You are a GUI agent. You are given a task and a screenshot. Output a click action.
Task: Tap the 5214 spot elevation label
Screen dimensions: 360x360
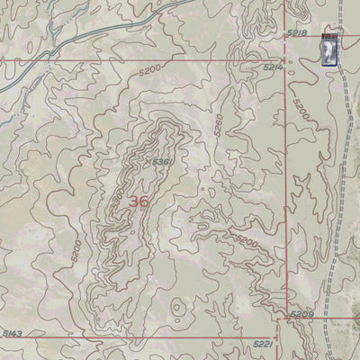(x=274, y=67)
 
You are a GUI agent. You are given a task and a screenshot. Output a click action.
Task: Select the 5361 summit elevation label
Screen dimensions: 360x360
(x=162, y=161)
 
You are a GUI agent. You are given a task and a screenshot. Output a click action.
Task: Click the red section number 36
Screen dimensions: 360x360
(x=139, y=202)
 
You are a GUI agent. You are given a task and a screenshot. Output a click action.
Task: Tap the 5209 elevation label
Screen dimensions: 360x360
(x=301, y=315)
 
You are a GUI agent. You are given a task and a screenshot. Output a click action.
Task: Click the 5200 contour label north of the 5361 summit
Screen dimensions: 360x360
(x=151, y=68)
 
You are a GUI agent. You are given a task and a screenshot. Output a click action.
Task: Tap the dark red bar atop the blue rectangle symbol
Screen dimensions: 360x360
(x=328, y=36)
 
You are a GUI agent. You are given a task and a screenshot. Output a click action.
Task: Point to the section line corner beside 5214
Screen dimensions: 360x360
(x=286, y=59)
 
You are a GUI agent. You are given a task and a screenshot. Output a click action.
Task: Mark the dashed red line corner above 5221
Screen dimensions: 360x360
(x=278, y=329)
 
